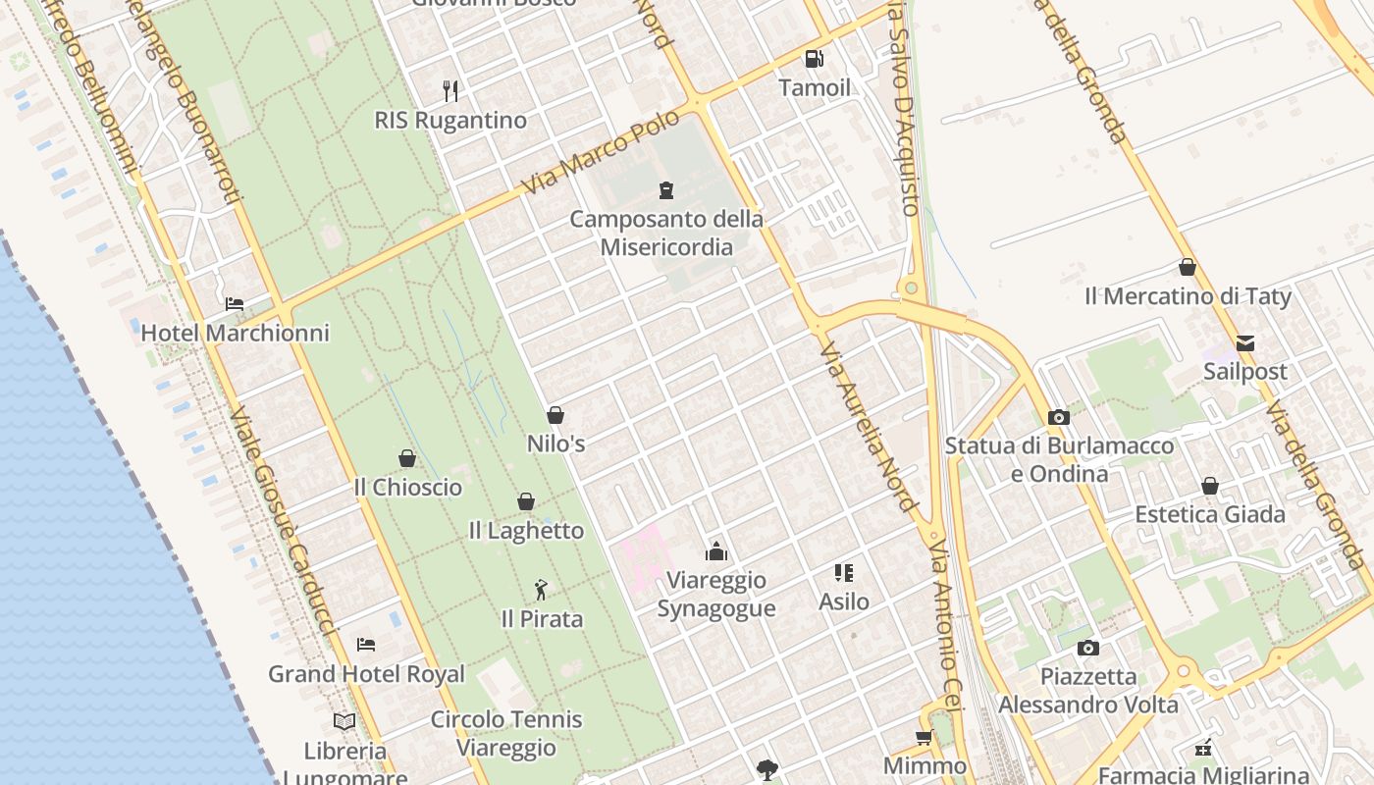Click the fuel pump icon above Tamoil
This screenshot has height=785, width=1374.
[814, 59]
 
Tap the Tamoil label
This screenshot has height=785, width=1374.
[815, 87]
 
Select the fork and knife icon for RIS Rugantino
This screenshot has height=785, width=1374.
[450, 91]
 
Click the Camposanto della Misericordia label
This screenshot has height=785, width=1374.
[666, 233]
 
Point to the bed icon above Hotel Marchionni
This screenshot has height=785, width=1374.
[235, 304]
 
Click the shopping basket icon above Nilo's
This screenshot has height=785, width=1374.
[555, 415]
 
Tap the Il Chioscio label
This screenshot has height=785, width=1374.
[407, 487]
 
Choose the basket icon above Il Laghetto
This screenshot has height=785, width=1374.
[526, 502]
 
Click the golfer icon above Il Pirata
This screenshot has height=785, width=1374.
[541, 590]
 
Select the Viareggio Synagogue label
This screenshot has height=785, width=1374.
[716, 594]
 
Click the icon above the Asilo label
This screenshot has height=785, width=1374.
[844, 573]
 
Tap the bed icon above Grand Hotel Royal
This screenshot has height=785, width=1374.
[366, 645]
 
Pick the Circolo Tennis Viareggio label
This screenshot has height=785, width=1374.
[506, 733]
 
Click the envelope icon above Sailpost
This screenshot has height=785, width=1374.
[1245, 343]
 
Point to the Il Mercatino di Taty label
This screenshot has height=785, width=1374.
[1188, 295]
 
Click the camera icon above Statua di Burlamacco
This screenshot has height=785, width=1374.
[1058, 418]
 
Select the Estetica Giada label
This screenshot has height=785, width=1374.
[1210, 514]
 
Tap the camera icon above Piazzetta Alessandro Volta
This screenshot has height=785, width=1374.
[1087, 648]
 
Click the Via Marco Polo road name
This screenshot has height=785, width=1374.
[600, 151]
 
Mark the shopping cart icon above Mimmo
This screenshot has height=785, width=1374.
[924, 738]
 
